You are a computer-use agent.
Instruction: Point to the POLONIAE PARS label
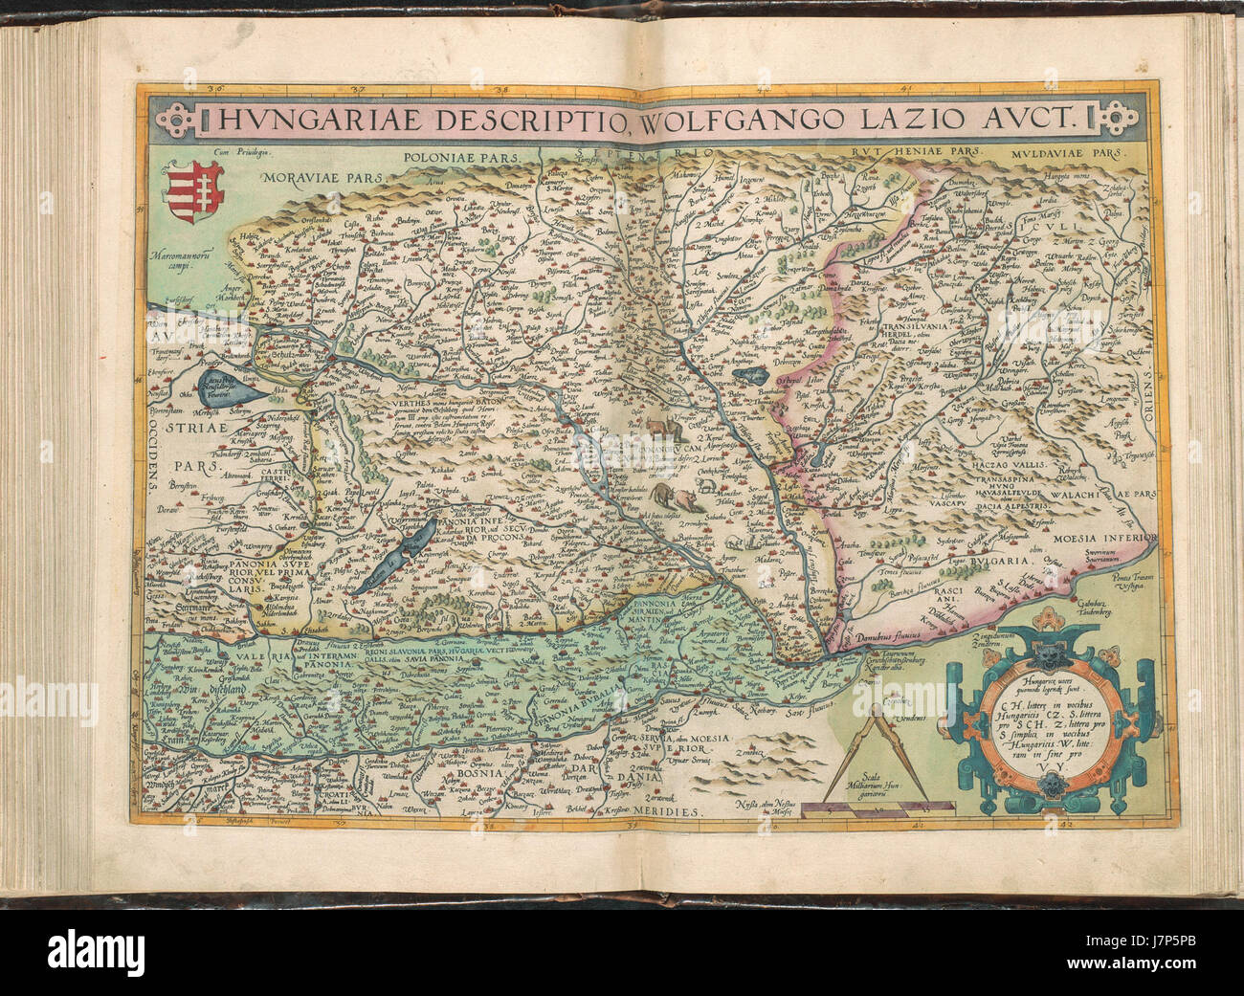[x=462, y=154]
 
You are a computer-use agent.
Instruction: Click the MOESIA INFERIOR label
[x=1104, y=539]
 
